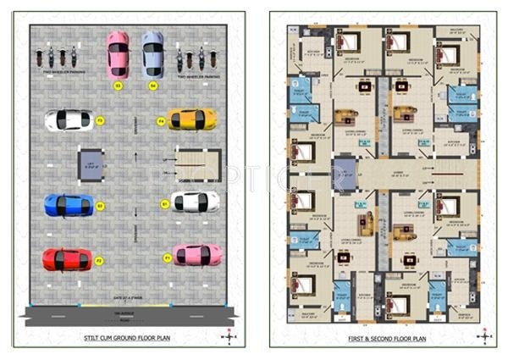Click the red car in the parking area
[x=67, y=258]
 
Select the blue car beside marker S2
[x=69, y=204]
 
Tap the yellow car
[x=191, y=119]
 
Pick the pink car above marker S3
[x=118, y=54]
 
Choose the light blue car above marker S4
[x=152, y=53]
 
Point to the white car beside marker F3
[x=69, y=120]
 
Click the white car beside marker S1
[x=195, y=202]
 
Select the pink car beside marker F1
[x=197, y=254]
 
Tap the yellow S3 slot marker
[x=118, y=86]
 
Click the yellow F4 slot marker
[x=160, y=121]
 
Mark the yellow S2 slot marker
[x=100, y=206]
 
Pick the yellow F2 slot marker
[x=99, y=261]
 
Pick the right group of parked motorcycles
[x=196, y=61]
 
